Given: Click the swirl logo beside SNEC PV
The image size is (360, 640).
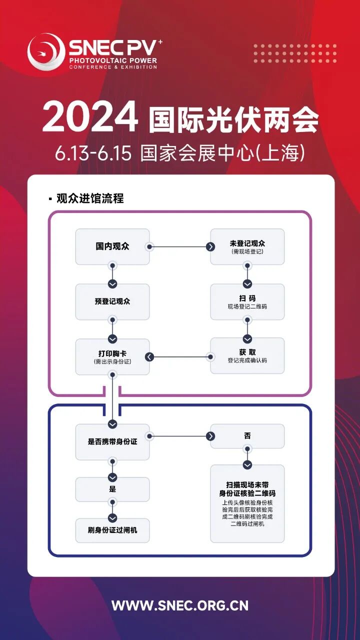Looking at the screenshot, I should pyautogui.click(x=46, y=51).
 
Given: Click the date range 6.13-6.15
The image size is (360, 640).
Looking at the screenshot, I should pyautogui.click(x=93, y=153).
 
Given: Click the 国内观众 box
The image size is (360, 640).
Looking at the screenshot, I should pyautogui.click(x=112, y=246).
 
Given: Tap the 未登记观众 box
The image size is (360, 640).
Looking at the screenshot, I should pyautogui.click(x=247, y=246).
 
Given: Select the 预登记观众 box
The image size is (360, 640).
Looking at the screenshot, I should pyautogui.click(x=112, y=301).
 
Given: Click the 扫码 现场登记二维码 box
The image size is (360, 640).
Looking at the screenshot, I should pyautogui.click(x=247, y=301).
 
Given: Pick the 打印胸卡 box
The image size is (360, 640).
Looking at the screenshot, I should pyautogui.click(x=112, y=356).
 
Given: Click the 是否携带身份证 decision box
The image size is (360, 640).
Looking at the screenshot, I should pyautogui.click(x=112, y=442).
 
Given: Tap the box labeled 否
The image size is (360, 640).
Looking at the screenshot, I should pyautogui.click(x=247, y=436).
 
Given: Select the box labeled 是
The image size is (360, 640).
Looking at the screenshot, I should pyautogui.click(x=112, y=489).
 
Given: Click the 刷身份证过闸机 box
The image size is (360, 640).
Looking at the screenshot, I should pyautogui.click(x=112, y=530).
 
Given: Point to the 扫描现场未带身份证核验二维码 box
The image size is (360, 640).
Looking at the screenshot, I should pyautogui.click(x=247, y=503).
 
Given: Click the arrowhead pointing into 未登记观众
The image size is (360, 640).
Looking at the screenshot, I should pyautogui.click(x=211, y=246).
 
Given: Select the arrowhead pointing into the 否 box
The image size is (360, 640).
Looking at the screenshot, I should pyautogui.click(x=211, y=436).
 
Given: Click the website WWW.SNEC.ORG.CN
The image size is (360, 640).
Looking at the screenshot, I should pyautogui.click(x=180, y=605).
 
